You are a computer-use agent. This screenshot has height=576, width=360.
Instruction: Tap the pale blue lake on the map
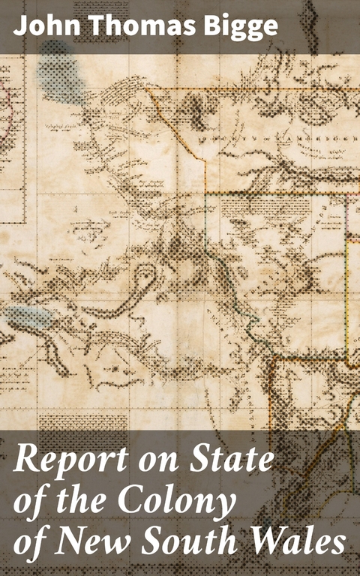coord(30,316)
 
